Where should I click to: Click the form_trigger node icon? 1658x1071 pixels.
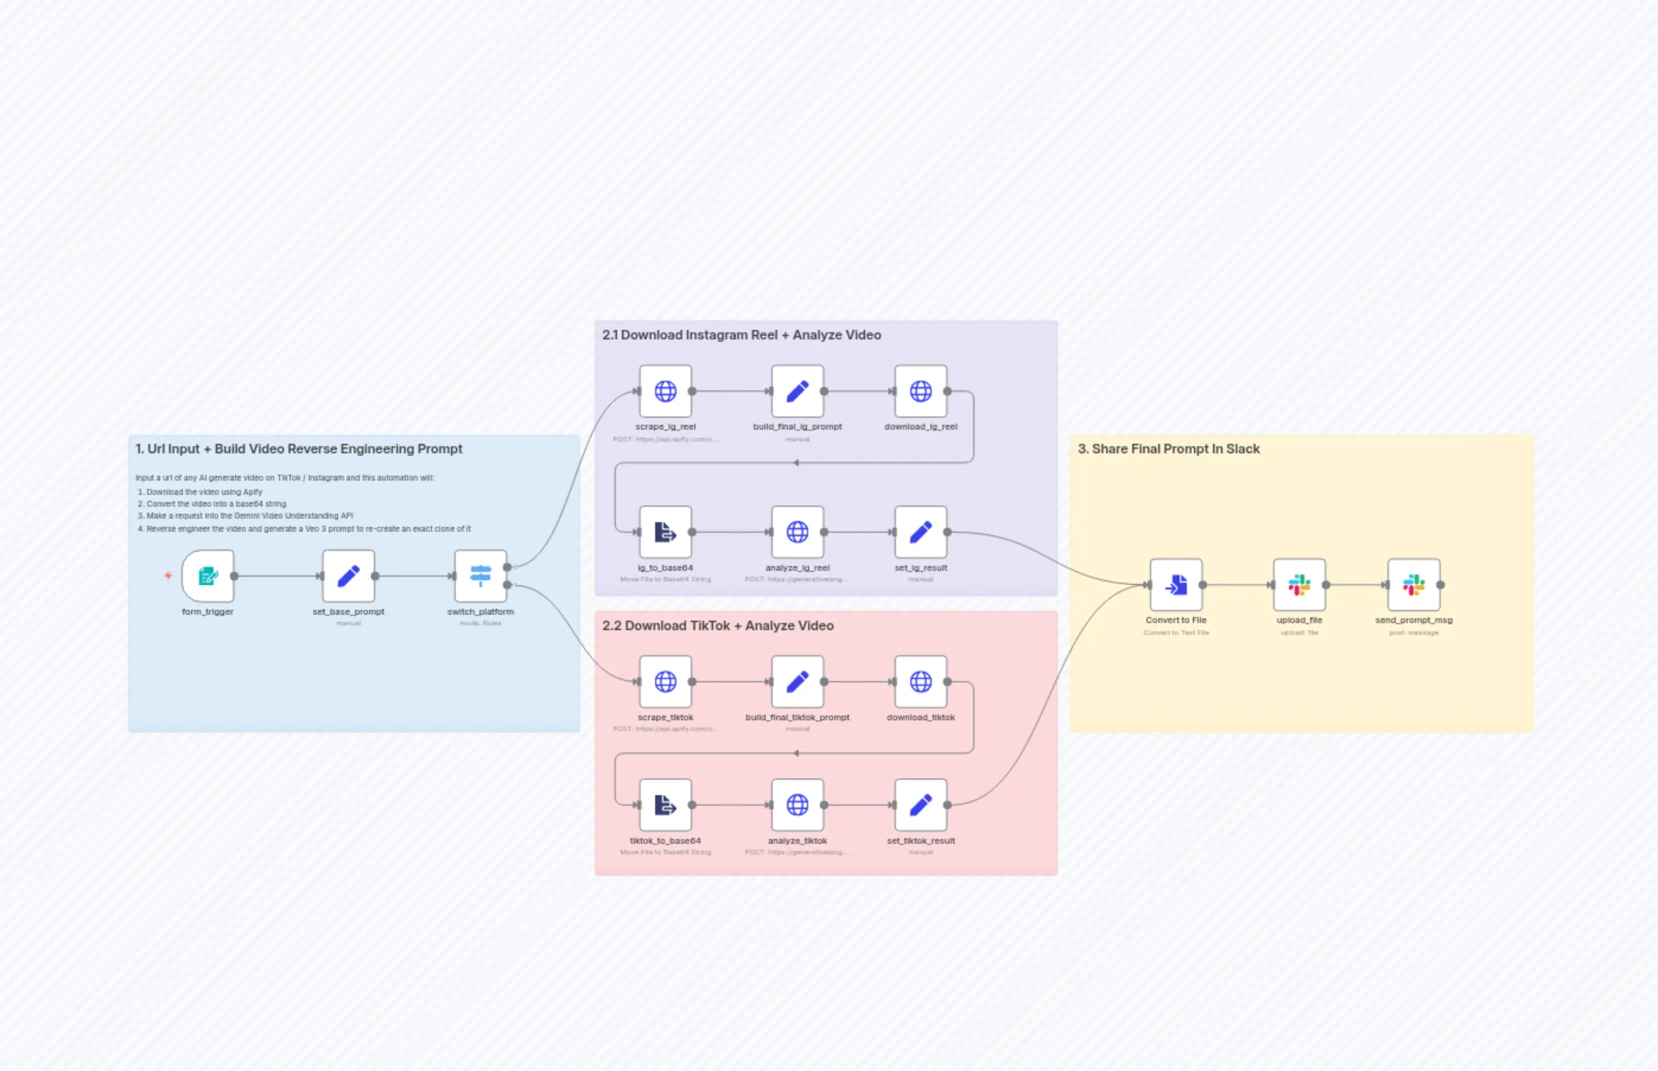208,576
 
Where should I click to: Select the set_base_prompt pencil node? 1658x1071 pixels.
348,576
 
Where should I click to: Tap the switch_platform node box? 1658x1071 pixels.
481,576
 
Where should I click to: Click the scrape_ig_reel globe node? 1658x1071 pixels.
666,392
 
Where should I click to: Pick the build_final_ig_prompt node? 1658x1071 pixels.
797,392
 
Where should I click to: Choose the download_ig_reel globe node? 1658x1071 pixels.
921,392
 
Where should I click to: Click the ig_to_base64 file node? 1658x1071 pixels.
666,533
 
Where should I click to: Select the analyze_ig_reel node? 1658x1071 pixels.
797,533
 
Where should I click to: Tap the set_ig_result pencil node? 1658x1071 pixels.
921,533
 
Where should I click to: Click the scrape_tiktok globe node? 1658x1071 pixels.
666,682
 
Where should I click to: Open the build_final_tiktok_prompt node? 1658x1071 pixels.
797,682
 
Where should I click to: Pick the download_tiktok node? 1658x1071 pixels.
921,682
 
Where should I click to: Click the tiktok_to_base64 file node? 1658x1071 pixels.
666,805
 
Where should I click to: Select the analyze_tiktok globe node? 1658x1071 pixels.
797,805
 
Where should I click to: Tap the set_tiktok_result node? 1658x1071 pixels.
921,805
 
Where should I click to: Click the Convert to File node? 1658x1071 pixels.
1176,585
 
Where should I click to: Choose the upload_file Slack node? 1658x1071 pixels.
1299,585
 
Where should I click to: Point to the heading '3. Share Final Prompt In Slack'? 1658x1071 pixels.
1168,449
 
